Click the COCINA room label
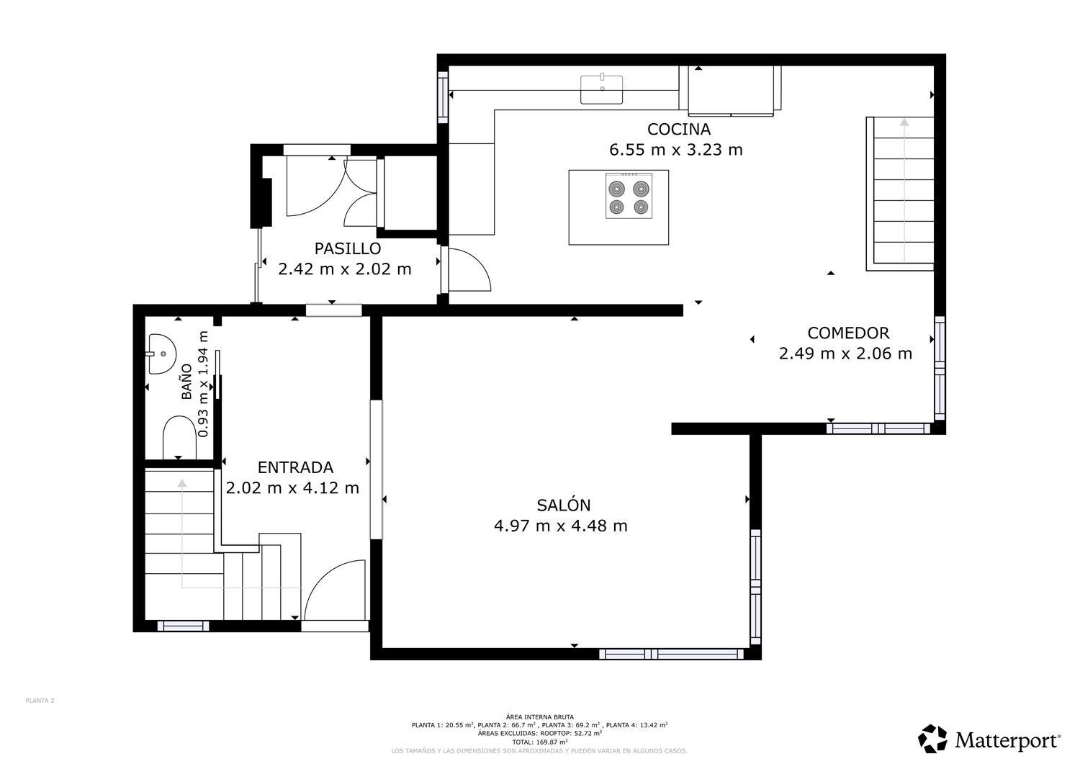point(678,130)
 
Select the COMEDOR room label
point(848,333)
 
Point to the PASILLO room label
point(347,249)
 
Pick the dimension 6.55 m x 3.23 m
point(675,150)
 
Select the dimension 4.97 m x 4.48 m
point(560,526)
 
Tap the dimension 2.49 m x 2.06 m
point(845,354)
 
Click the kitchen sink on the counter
point(602,89)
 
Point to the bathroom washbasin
point(163,354)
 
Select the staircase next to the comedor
point(903,192)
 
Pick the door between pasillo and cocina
point(467,270)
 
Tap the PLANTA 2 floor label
point(40,701)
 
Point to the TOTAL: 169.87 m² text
point(539,742)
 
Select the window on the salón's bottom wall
point(671,654)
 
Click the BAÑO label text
point(186,382)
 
